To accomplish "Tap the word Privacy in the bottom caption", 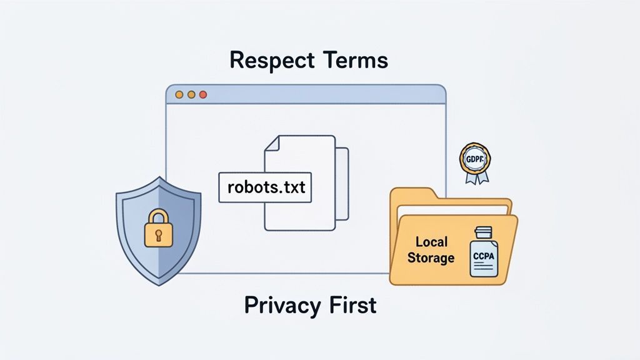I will click(277, 305).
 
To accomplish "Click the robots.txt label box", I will click(264, 187).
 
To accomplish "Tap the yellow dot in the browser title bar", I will click(191, 94).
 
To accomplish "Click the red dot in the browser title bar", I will click(203, 94).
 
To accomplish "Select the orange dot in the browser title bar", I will click(179, 94).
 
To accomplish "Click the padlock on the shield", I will click(158, 229).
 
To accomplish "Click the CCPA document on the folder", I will click(483, 253).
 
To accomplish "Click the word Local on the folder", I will click(430, 242).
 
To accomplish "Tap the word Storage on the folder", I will click(431, 257).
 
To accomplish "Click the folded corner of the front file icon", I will click(270, 143).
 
